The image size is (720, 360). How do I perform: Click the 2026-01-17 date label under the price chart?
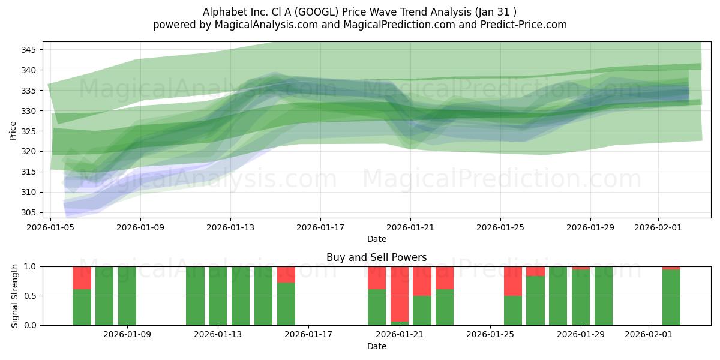320,227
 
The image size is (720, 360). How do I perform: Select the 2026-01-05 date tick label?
51,227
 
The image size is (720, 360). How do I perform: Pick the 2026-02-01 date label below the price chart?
658,227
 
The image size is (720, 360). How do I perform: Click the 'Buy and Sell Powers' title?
376,257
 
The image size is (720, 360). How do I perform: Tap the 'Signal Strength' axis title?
15,296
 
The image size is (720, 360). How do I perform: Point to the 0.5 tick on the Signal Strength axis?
31,296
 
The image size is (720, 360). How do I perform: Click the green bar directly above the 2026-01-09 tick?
127,296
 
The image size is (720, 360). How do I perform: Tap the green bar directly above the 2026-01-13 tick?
218,296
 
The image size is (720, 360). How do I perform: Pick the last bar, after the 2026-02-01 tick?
671,298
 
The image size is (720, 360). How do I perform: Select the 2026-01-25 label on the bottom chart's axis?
491,335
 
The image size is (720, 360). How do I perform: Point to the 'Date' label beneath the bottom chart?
376,346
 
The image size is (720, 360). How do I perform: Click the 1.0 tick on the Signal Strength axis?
31,266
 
